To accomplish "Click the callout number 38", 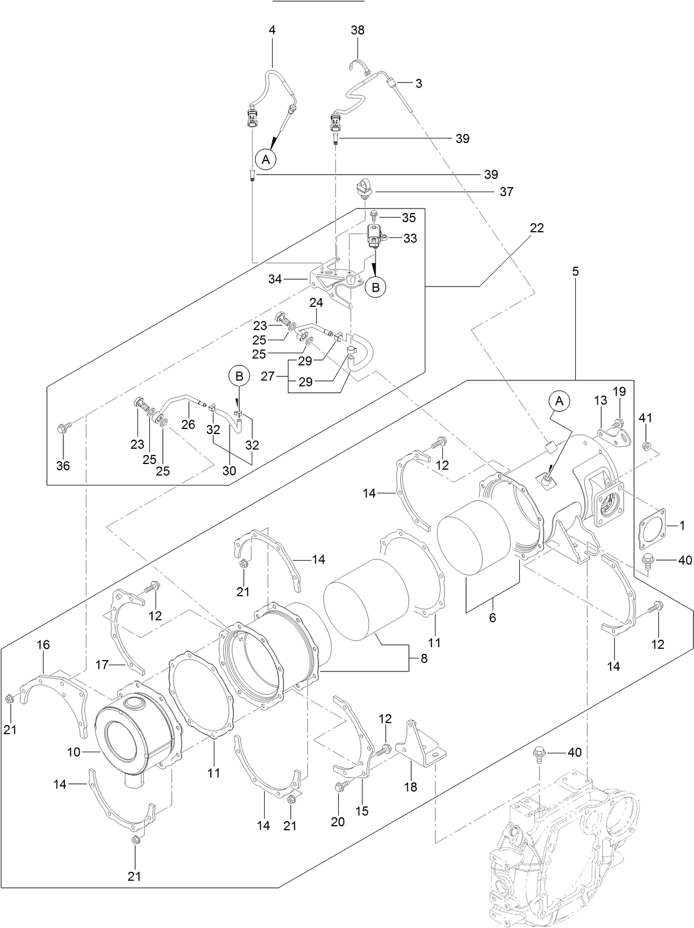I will (x=357, y=31).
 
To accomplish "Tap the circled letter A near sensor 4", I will (x=265, y=159).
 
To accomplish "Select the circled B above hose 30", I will (x=239, y=375).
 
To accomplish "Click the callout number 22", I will (x=536, y=228).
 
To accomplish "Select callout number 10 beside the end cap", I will (x=74, y=752).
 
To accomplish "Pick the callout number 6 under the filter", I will (x=492, y=618).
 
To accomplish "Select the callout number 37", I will (x=506, y=192).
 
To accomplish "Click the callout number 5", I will (x=575, y=271).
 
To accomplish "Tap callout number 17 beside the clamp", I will (x=102, y=665).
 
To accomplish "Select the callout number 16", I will (x=44, y=645).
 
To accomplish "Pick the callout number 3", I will (x=419, y=84).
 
